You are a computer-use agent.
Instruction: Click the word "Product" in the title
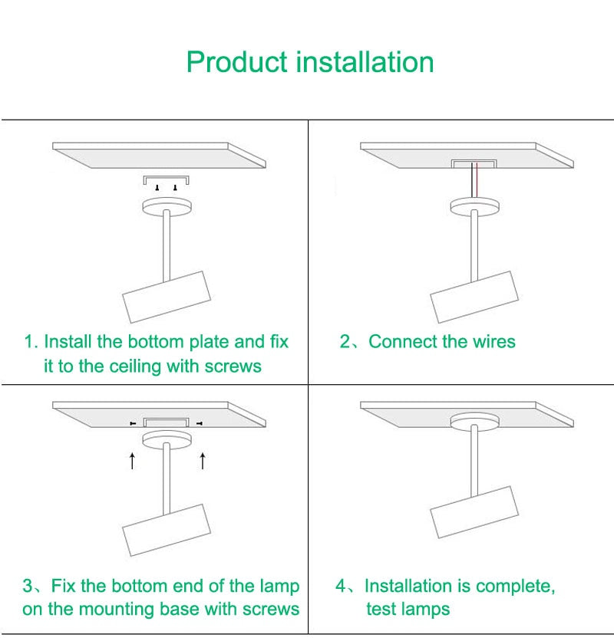point(237,62)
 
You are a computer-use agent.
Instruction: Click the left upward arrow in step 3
point(132,460)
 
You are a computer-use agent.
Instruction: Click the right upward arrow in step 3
point(203,460)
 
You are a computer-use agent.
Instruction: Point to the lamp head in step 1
point(167,297)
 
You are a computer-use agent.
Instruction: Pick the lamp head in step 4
point(474,512)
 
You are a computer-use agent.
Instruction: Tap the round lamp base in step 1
point(167,207)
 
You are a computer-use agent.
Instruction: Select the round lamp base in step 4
point(474,421)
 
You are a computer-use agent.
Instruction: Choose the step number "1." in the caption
point(31,342)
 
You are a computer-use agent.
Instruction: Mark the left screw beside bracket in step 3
point(133,422)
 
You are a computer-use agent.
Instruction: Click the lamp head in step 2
point(474,297)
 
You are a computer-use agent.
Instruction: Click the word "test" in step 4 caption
point(381,610)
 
